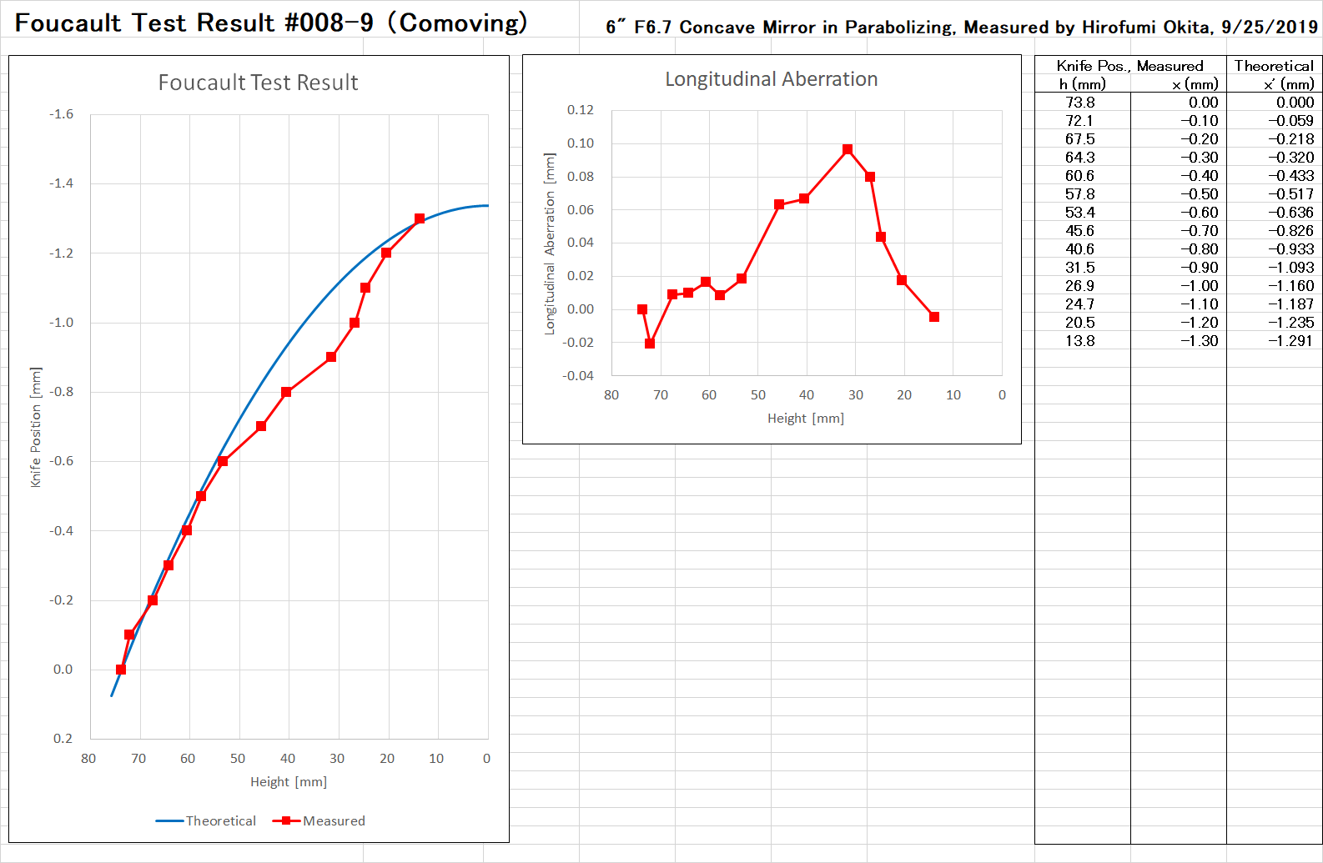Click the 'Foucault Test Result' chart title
258,83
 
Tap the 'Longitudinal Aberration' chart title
771,79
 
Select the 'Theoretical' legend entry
206,820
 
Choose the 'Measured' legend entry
319,820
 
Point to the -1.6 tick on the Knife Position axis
62,114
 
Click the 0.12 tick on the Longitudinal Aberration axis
580,110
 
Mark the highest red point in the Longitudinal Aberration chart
848,150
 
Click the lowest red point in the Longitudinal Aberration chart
650,344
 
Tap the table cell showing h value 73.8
1079,103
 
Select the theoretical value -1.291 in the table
1290,341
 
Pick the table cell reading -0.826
1290,231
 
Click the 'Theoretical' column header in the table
1274,66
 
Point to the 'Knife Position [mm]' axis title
36,427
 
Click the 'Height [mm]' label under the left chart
289,782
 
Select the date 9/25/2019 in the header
1269,28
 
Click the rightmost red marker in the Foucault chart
420,218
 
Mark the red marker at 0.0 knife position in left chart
121,670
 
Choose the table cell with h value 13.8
1079,341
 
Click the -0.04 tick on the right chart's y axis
577,376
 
